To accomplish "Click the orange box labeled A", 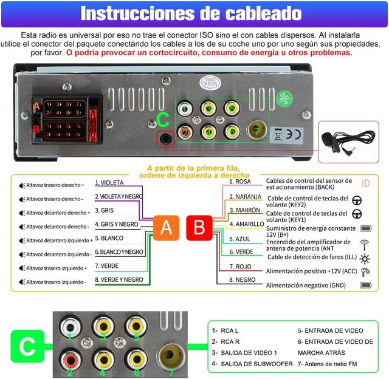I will click(166, 228).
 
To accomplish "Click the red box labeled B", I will click(199, 228).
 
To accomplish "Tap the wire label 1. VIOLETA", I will click(109, 183).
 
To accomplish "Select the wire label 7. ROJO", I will click(239, 266).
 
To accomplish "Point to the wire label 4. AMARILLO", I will click(246, 224).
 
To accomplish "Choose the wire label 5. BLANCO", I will click(109, 238).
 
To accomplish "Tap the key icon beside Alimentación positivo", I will click(365, 271).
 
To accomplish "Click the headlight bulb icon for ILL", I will click(365, 257).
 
